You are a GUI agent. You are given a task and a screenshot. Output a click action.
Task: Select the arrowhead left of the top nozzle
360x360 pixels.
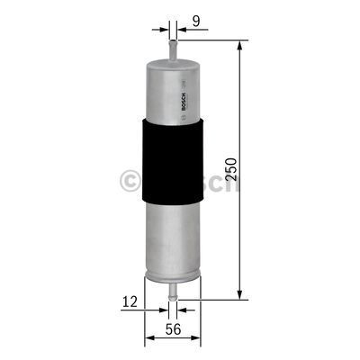(x=164, y=27)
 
